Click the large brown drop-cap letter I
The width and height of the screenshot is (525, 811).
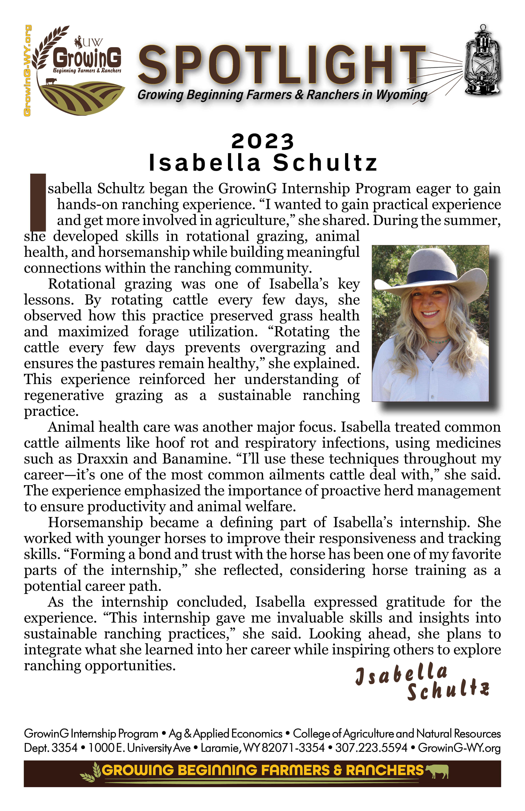tap(38, 202)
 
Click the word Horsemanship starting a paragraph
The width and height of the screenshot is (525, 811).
tap(95, 522)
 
